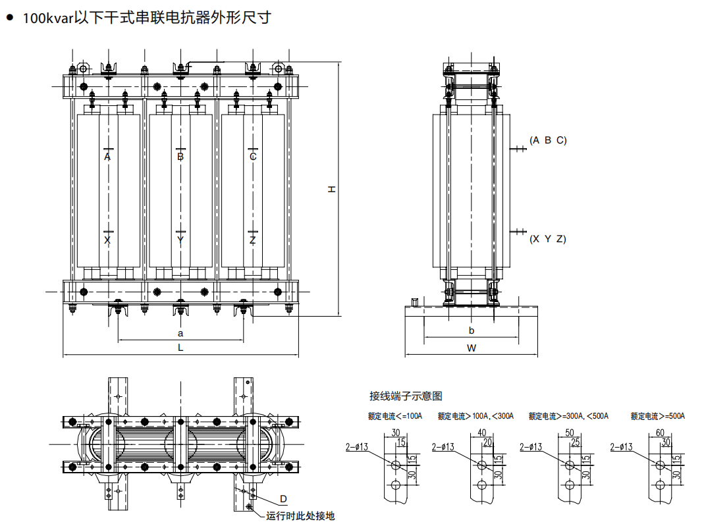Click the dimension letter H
[333, 189]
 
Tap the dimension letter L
[180, 348]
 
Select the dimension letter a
[180, 334]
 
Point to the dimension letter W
[472, 348]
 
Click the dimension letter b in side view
[472, 330]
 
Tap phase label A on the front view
[107, 157]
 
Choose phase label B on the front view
[180, 157]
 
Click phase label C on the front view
[253, 157]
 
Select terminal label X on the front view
[107, 240]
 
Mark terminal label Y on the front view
[180, 240]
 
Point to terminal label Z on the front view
[253, 240]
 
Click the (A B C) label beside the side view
[548, 140]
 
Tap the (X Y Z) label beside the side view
[548, 239]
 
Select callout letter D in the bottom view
[283, 498]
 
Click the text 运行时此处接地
[300, 516]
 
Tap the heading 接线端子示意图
[406, 396]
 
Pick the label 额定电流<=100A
[394, 416]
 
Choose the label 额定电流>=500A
[658, 416]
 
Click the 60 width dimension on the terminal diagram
[660, 432]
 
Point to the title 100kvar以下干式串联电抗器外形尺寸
[146, 18]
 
